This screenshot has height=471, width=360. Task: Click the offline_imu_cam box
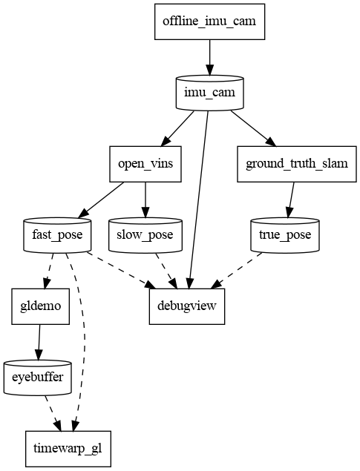click(209, 21)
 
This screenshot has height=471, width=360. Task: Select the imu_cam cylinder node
click(209, 92)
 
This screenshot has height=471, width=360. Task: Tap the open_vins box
click(145, 164)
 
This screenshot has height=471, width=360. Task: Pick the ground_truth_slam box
click(292, 164)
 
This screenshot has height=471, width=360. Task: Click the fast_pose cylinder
click(57, 235)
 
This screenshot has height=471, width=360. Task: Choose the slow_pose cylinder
click(145, 235)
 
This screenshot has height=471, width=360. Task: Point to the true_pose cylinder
click(285, 235)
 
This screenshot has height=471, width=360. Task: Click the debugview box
click(187, 306)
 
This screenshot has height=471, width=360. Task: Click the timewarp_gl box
click(68, 449)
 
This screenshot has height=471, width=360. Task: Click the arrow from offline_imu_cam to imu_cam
click(209, 56)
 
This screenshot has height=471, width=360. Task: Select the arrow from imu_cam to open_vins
click(178, 128)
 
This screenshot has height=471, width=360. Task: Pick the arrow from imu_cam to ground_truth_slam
click(249, 128)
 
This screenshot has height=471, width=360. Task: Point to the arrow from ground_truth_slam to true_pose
click(289, 200)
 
